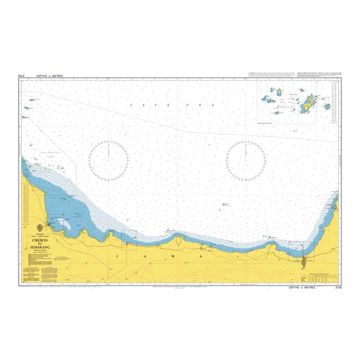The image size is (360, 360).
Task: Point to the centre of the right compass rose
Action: (246, 160)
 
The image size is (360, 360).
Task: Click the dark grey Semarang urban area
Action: (287, 260)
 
